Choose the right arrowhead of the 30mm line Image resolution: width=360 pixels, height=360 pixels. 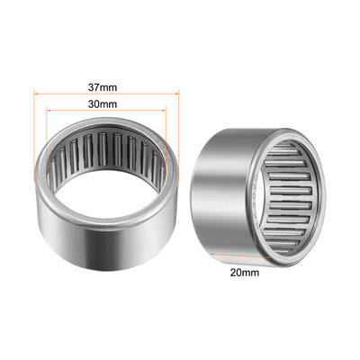pos(166,112)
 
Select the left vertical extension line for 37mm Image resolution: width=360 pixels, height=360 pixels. pos(32,135)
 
